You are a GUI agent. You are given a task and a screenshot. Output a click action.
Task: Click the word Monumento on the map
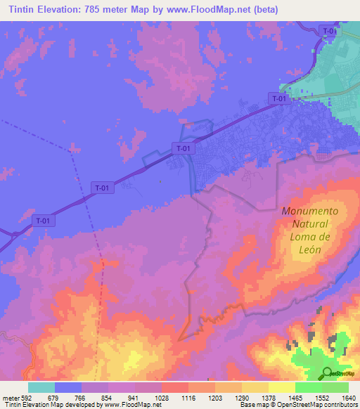pos(309,211)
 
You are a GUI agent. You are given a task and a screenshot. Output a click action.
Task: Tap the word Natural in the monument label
pos(309,224)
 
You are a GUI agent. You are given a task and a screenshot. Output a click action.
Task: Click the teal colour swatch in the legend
pos(41,387)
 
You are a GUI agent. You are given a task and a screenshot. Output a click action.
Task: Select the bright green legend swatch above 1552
pos(308,387)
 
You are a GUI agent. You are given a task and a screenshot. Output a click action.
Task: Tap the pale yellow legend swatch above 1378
pos(255,387)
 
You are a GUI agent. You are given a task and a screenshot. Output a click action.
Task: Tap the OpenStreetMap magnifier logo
pos(328,372)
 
